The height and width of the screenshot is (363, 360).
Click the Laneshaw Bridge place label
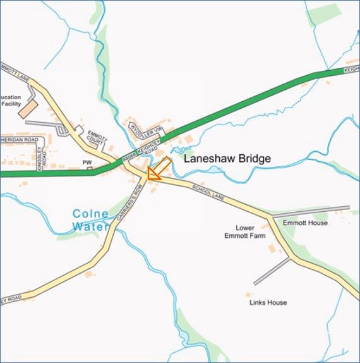coord(227,159)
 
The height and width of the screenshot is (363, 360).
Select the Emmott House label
coord(305,223)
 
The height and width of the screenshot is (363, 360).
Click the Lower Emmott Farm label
coord(245,231)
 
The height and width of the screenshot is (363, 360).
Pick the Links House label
coord(268,303)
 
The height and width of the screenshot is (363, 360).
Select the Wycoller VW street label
coord(147,132)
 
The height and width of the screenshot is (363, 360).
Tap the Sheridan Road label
coord(19,140)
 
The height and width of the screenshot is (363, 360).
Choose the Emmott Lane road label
coord(14,72)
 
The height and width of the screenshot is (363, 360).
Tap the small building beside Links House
coord(248,294)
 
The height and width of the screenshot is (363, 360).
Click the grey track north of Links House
coord(272,271)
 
